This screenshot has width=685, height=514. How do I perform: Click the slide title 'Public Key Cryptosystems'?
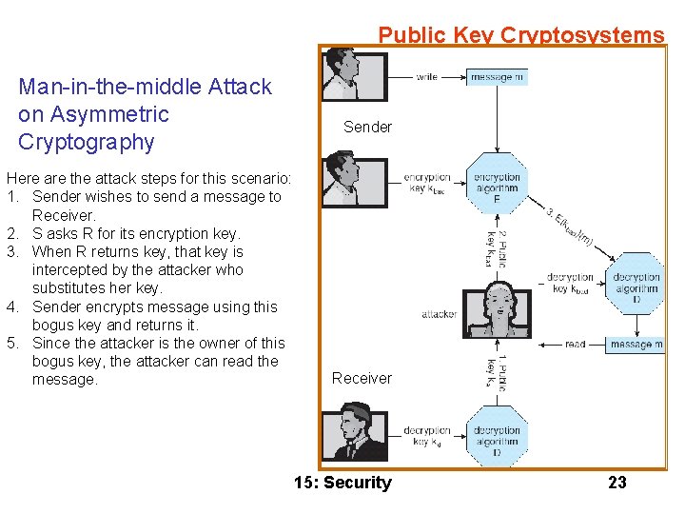pyautogui.click(x=520, y=35)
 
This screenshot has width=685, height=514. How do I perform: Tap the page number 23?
pyautogui.click(x=617, y=483)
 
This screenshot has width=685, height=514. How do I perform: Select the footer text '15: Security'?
pyautogui.click(x=342, y=483)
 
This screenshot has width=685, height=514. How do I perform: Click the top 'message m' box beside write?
pyautogui.click(x=497, y=77)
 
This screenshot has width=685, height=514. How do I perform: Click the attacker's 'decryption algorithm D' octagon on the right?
pyautogui.click(x=636, y=283)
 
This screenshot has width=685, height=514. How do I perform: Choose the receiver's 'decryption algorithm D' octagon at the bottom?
pyautogui.click(x=497, y=436)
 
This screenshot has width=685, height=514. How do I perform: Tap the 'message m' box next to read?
pyautogui.click(x=636, y=345)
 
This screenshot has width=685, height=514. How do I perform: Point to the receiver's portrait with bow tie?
pyautogui.click(x=355, y=433)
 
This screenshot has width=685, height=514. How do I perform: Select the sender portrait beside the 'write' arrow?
pyautogui.click(x=355, y=75)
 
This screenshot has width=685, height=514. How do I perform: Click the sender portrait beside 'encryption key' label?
pyautogui.click(x=355, y=180)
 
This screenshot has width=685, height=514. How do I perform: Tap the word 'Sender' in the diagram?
pyautogui.click(x=367, y=127)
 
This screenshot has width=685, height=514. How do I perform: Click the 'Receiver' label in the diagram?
pyautogui.click(x=362, y=378)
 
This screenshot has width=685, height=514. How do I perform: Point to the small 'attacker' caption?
pyautogui.click(x=440, y=314)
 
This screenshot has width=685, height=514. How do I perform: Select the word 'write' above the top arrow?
pyautogui.click(x=427, y=77)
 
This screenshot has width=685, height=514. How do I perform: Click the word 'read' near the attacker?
pyautogui.click(x=575, y=345)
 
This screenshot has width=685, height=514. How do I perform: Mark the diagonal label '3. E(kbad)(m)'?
pyautogui.click(x=570, y=227)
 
